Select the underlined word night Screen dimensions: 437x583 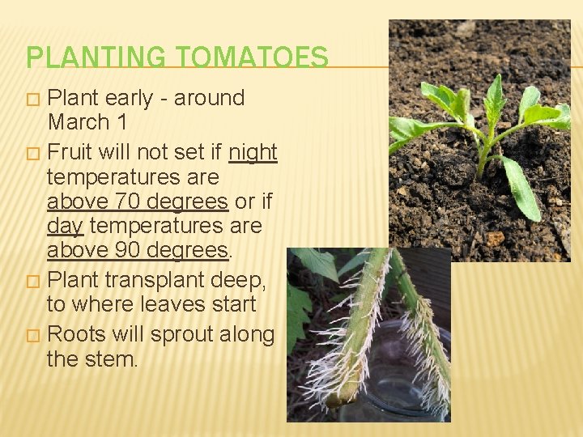[253, 153]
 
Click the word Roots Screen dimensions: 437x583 [74, 334]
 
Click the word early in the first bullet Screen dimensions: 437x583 [130, 99]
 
